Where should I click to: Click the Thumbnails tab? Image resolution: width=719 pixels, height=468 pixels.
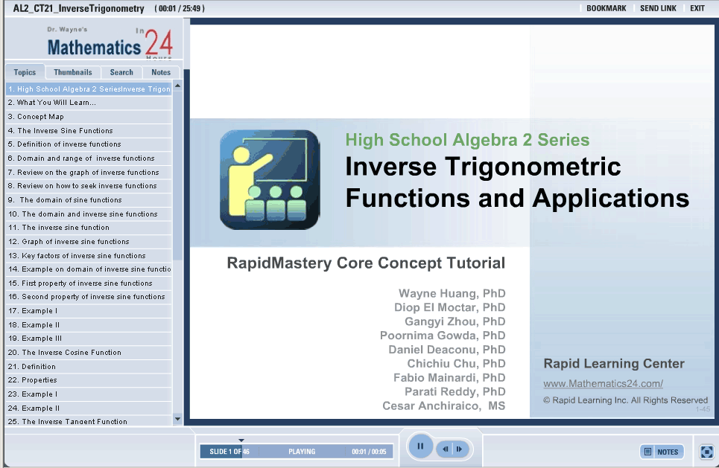pos(73,72)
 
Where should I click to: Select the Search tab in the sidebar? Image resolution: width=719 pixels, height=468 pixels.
pos(121,72)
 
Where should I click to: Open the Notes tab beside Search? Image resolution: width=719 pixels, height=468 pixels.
pos(161,72)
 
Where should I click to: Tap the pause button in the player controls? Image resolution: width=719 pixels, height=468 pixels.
pos(420,446)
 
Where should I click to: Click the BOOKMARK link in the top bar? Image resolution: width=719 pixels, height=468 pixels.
pos(606,8)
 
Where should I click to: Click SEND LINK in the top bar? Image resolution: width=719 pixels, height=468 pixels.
pos(658,8)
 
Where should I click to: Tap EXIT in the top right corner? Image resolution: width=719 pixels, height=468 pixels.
pos(697,8)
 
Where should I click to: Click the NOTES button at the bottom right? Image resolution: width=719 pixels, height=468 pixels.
pos(662,452)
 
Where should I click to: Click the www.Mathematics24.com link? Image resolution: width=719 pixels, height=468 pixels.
pos(603,384)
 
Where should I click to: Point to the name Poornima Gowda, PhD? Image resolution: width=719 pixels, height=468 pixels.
pos(443,336)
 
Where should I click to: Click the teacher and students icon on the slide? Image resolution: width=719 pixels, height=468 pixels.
pos(270,180)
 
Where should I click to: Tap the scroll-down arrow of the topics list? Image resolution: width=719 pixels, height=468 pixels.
pos(177,419)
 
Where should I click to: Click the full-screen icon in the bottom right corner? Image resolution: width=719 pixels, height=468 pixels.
pos(706,452)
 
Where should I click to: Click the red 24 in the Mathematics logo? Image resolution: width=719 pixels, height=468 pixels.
pos(159,43)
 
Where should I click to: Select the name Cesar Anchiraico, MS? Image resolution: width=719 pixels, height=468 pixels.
pos(444,406)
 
